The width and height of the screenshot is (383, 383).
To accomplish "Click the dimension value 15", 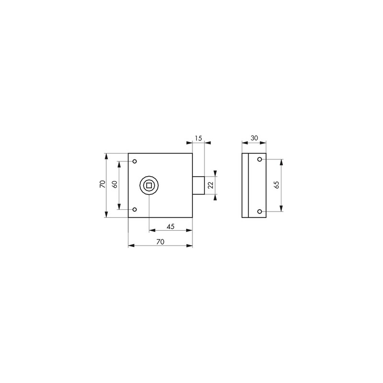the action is point(199,138).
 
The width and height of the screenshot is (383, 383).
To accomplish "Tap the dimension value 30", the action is point(254,138).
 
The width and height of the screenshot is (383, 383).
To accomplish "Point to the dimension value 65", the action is point(277,185).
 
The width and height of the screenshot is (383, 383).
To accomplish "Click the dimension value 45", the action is point(170,226).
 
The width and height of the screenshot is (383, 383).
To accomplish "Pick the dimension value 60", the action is point(115,184).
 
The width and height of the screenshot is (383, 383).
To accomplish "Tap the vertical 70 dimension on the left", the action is point(102,184).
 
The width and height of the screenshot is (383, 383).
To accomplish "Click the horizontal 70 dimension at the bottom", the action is point(160,242).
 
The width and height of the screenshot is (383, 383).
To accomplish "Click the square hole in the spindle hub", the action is point(149,185).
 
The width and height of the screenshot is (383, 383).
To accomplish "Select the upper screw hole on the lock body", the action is point(135,161).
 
